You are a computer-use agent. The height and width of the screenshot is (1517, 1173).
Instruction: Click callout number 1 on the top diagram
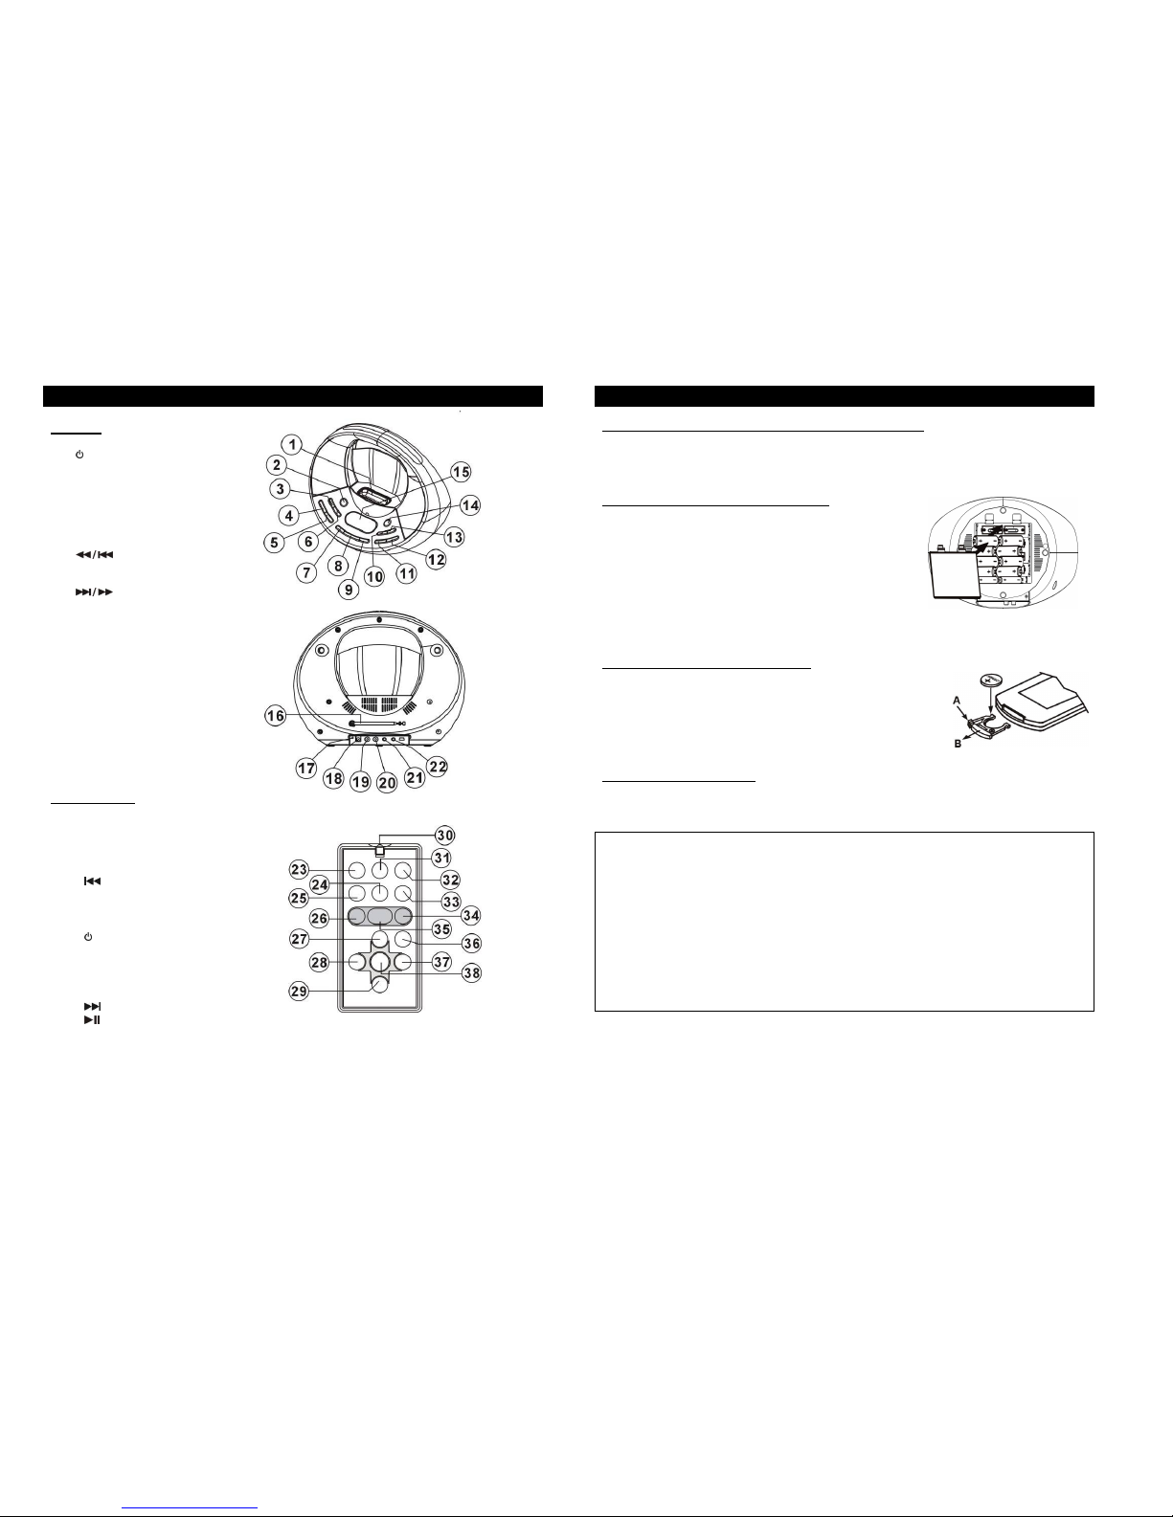tap(292, 445)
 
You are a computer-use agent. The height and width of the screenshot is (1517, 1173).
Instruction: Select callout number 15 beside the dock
tap(461, 473)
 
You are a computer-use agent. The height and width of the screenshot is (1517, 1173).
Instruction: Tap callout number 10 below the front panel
tap(375, 576)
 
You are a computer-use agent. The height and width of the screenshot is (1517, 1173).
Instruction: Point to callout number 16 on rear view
tap(276, 716)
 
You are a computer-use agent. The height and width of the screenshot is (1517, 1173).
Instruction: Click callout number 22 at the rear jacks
tap(438, 767)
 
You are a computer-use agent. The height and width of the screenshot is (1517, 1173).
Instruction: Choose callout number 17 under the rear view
tap(306, 769)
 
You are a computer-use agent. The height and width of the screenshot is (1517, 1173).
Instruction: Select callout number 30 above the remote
tap(444, 835)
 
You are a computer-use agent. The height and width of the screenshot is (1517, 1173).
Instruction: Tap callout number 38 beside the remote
tap(472, 972)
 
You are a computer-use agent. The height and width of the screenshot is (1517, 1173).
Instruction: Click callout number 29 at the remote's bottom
tap(299, 992)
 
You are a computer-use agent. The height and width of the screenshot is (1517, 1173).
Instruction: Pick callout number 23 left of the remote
tap(299, 869)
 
